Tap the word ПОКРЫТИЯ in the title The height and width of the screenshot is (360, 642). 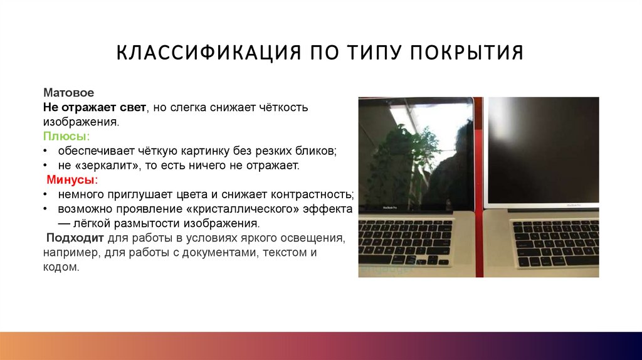pos(467,53)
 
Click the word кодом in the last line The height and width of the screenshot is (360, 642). pos(61,267)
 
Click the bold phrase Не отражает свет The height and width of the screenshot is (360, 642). pos(95,107)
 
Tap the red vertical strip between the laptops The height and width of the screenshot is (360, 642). pos(479,188)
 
